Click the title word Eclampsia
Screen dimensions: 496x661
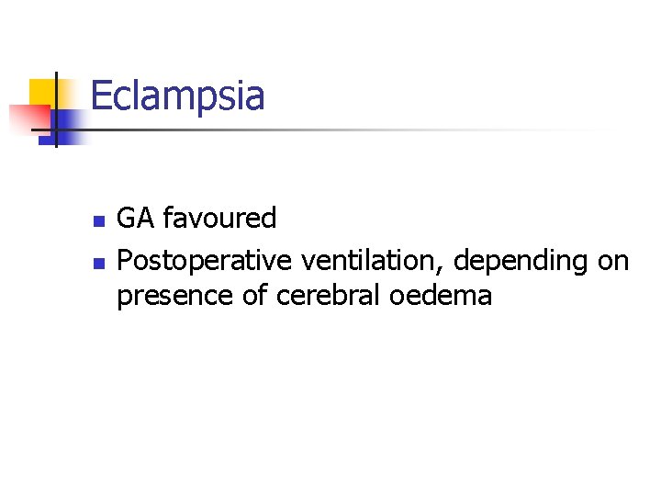[177, 96]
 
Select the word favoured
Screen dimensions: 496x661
[219, 219]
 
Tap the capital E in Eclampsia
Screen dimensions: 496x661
[101, 96]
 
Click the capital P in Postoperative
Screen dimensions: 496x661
[125, 262]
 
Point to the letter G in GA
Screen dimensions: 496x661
[127, 219]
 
